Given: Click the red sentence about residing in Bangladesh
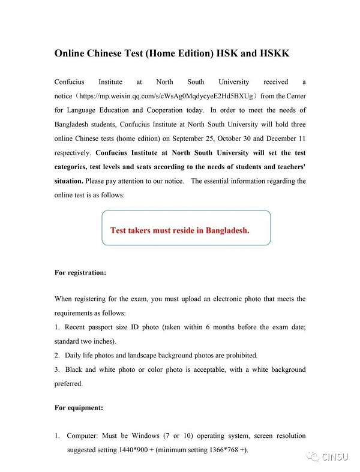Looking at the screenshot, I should [180, 230].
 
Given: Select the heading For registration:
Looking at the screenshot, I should [80, 272].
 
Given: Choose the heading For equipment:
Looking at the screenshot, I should [79, 408].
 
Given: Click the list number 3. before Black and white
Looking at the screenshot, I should [57, 369].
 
